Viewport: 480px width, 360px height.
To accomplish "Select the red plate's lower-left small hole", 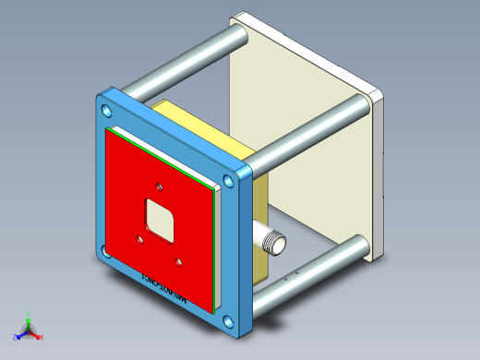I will point(138,239).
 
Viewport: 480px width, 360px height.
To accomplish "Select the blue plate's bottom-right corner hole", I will point(226,322).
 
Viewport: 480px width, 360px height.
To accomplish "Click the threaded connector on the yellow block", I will point(271,243).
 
